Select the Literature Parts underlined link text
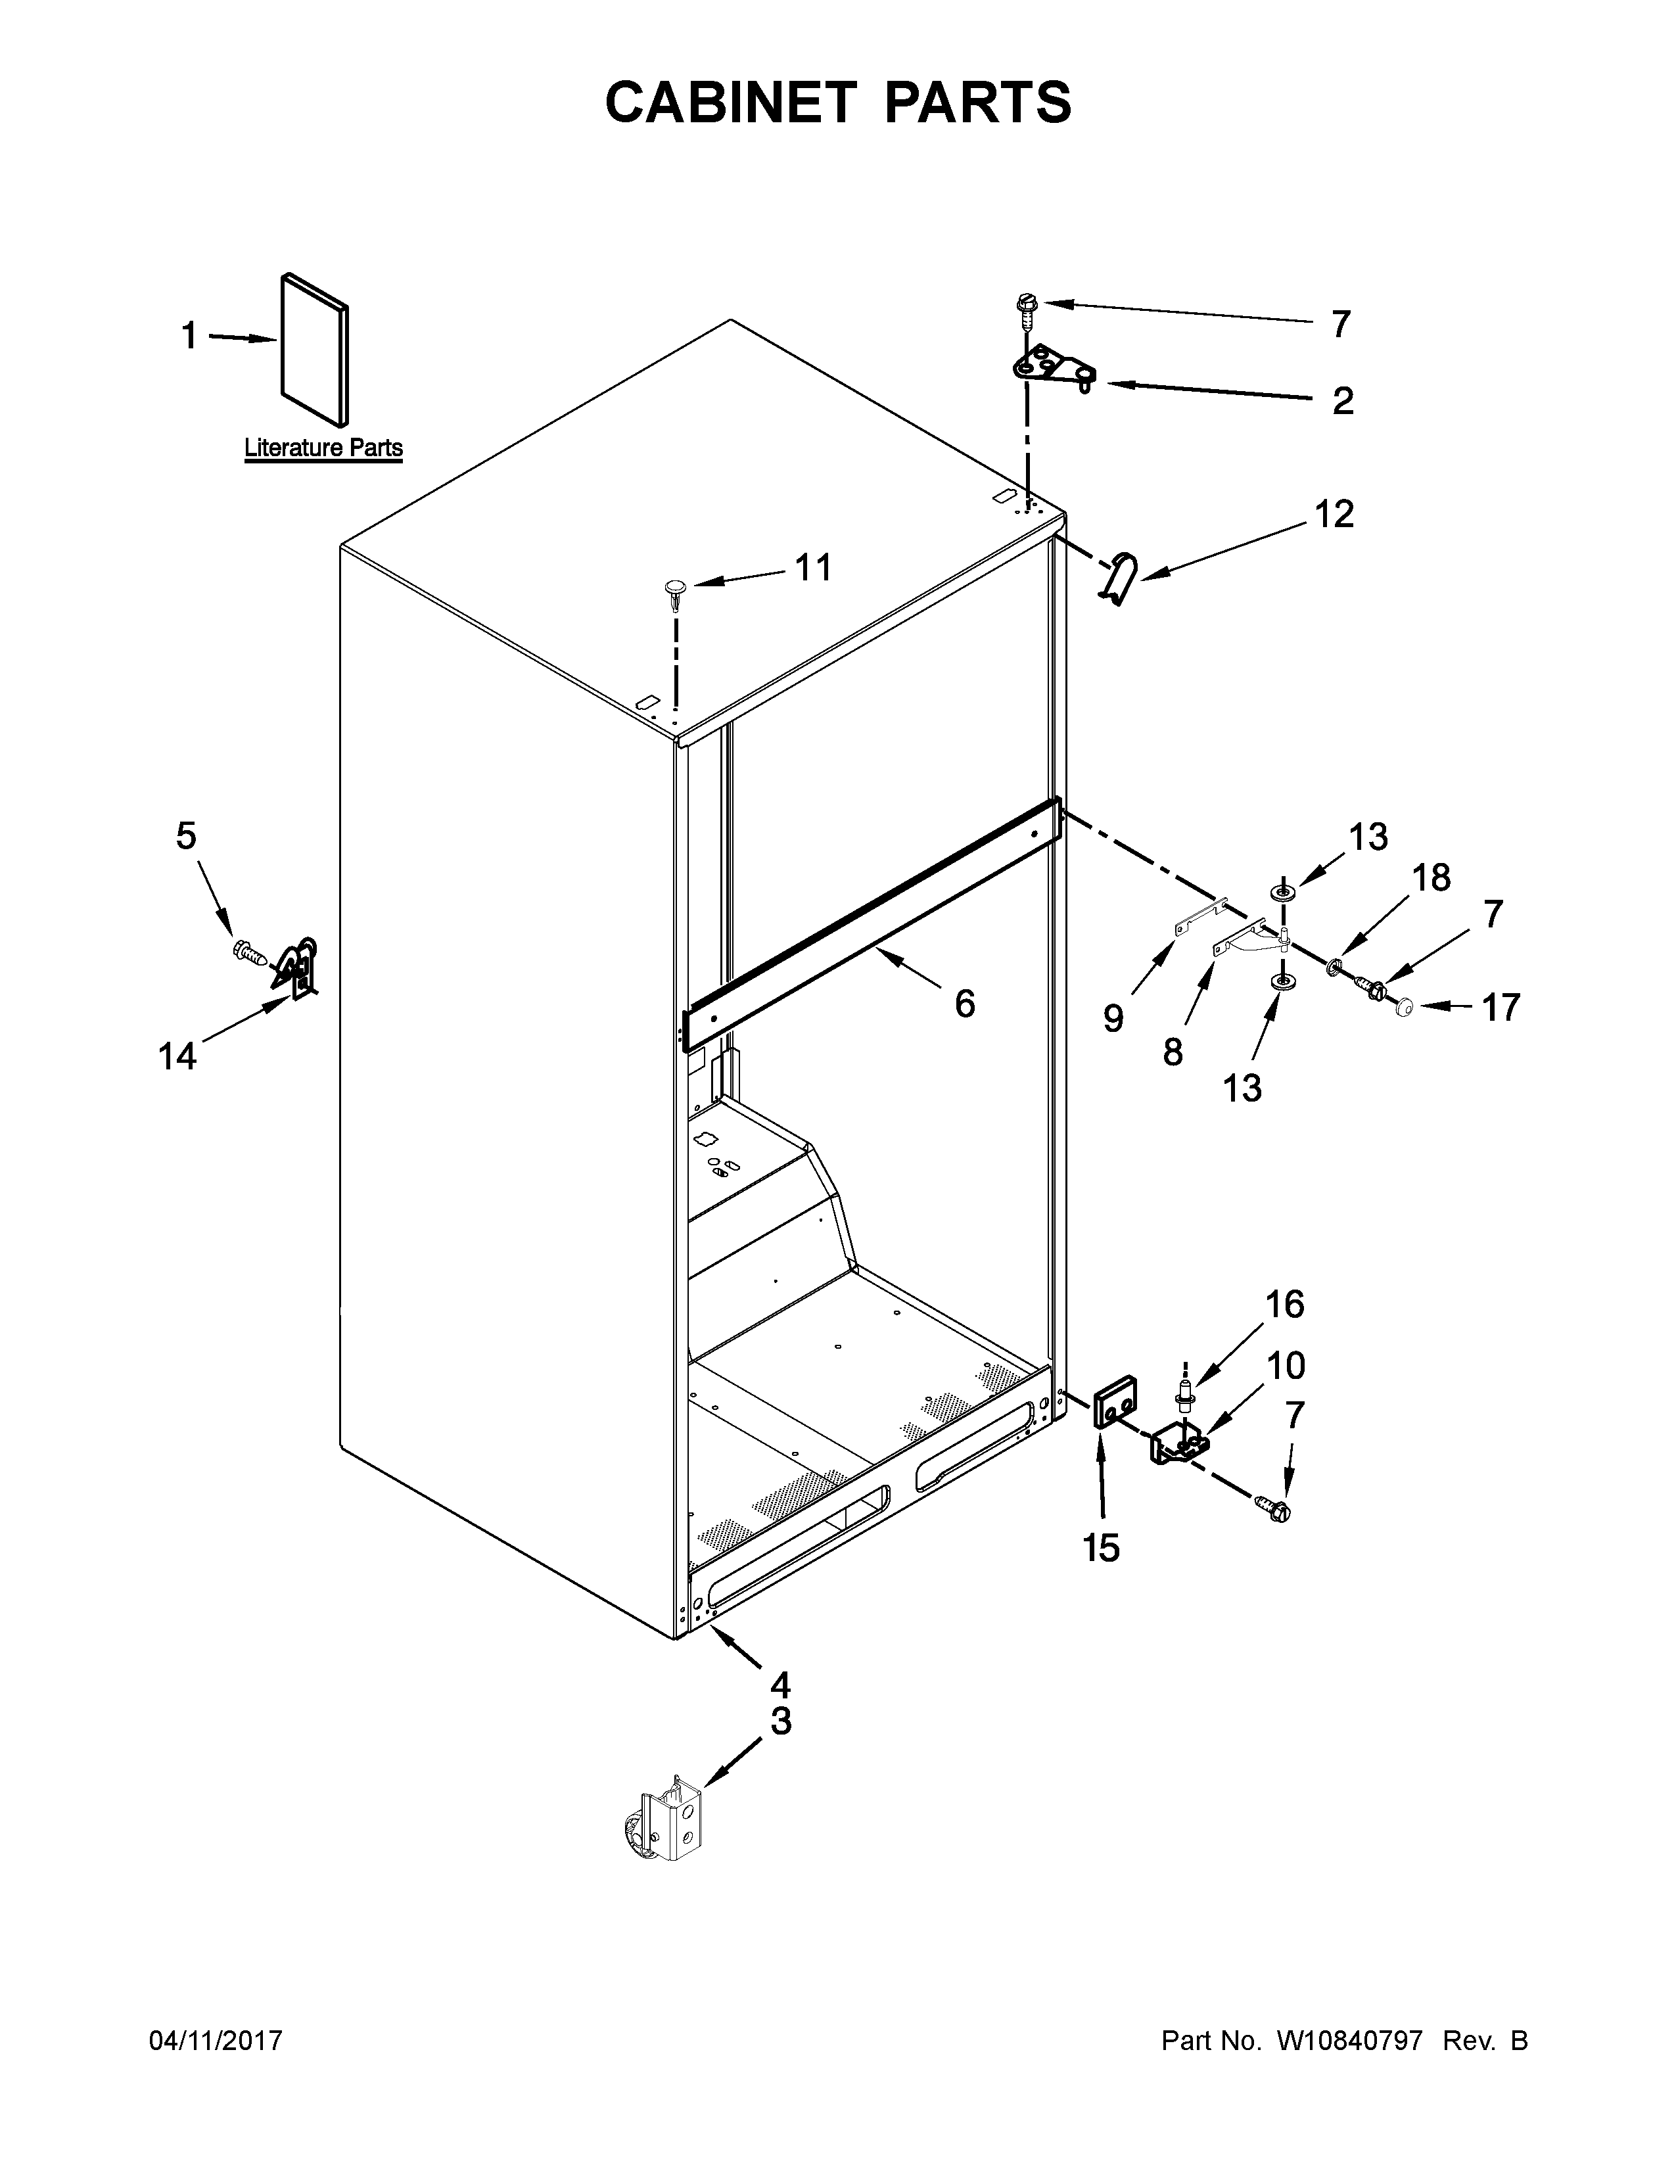(x=323, y=448)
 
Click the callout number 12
(x=1334, y=515)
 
